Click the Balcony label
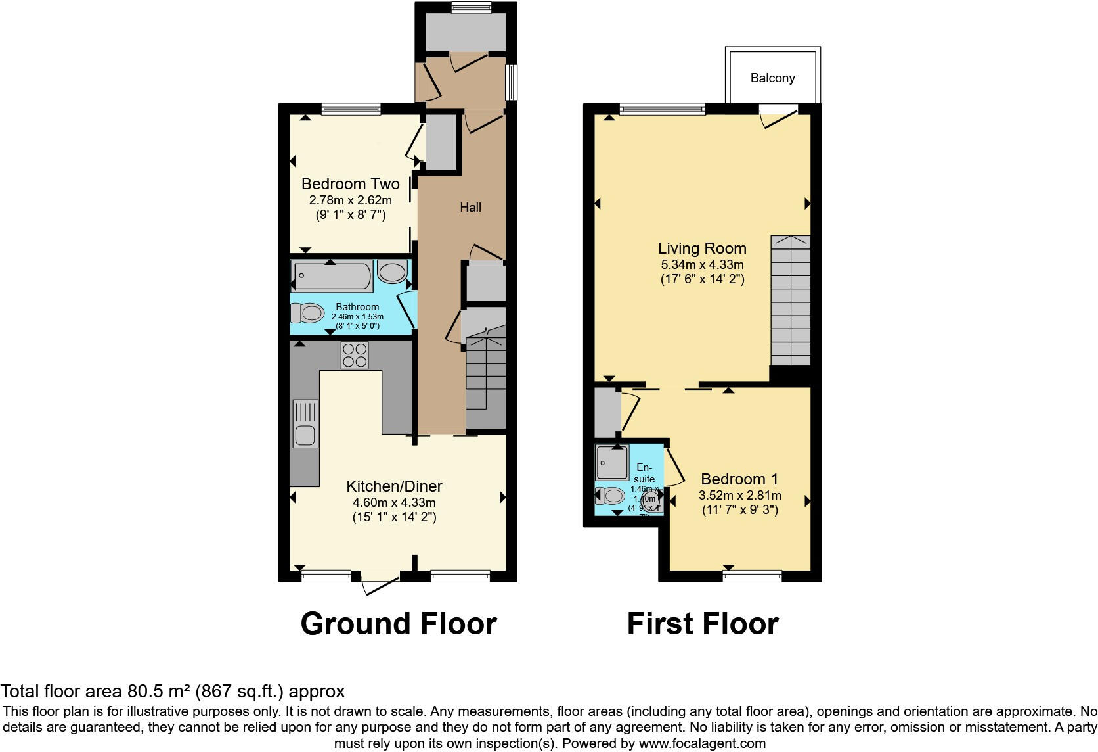coord(772,78)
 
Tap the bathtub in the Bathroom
coord(332,277)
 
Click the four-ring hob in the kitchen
coord(355,356)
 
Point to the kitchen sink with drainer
coord(305,423)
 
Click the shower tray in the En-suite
coord(611,463)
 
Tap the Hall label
coord(470,208)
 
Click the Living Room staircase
coord(791,300)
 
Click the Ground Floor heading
coord(398,624)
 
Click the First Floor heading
coord(702,624)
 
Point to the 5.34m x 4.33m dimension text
coord(702,265)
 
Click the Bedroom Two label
coord(350,184)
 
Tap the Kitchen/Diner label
coord(394,486)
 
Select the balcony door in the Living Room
coord(779,116)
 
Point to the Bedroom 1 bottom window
coord(752,576)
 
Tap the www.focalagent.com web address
coord(702,744)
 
